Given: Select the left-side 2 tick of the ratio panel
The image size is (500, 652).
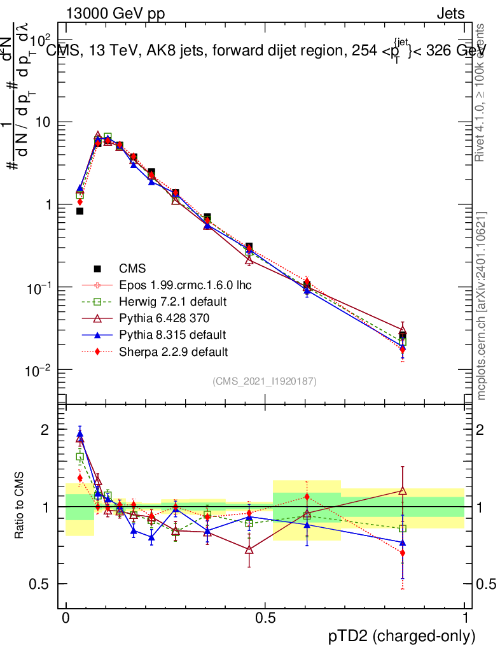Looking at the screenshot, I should click(45, 430).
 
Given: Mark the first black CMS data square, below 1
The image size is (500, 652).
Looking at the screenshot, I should click(80, 211).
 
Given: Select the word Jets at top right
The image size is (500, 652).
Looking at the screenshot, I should click(450, 13).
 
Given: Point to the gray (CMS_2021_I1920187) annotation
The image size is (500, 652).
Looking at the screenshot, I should click(265, 381).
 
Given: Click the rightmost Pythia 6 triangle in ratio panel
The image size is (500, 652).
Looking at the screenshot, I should click(402, 490).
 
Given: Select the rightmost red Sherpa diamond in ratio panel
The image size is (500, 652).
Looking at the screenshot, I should click(402, 553).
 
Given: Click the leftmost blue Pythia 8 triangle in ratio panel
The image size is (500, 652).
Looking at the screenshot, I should click(80, 434).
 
